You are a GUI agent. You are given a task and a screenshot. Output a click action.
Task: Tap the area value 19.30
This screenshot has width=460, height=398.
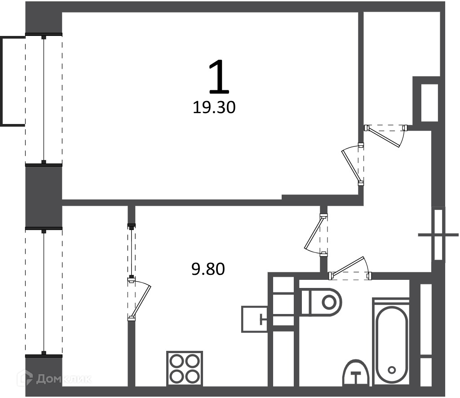(214, 107)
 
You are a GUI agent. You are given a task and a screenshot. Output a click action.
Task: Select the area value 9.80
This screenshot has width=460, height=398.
(208, 269)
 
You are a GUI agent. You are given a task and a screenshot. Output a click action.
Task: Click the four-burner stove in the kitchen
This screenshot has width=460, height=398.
(185, 368)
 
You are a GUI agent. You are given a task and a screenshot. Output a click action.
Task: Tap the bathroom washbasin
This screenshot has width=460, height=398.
(356, 373)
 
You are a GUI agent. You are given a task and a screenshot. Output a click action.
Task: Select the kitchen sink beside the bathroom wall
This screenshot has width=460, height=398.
(254, 319)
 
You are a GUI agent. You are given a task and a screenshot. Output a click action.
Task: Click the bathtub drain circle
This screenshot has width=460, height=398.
(392, 370)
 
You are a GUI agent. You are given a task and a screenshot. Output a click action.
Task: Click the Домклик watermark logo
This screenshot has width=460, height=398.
(54, 379)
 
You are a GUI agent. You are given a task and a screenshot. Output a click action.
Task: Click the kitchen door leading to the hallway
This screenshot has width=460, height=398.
(316, 234)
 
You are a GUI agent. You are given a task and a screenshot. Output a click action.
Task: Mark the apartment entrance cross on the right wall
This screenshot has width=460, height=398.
(438, 234)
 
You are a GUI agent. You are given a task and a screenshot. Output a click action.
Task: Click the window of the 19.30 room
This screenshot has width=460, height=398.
(44, 99)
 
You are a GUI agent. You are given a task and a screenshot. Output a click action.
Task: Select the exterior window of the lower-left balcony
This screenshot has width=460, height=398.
(44, 292)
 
